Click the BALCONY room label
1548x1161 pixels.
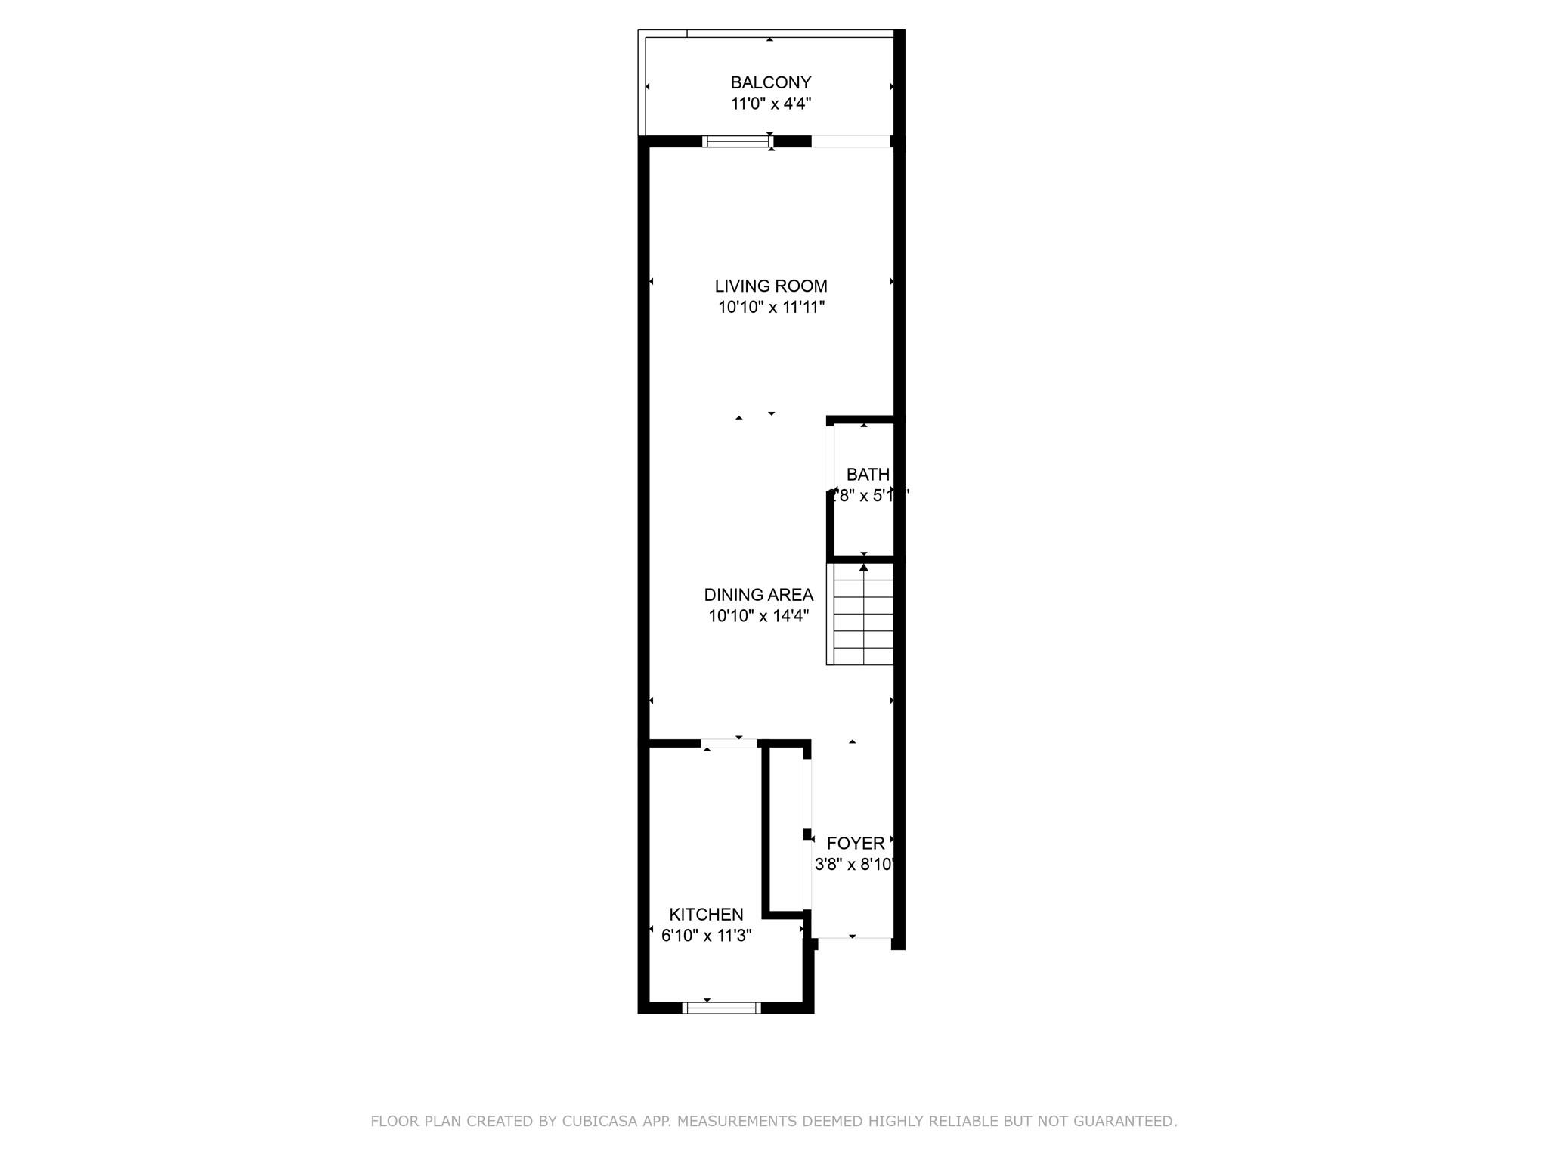[x=770, y=82]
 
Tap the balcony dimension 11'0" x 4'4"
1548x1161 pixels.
[x=770, y=104]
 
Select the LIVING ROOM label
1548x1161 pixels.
[x=770, y=286]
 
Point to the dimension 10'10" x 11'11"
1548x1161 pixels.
[x=770, y=308]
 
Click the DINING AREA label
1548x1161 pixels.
[x=758, y=595]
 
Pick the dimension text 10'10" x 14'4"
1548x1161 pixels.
[x=758, y=616]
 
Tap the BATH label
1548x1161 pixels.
[x=867, y=475]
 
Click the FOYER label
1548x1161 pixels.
[x=855, y=844]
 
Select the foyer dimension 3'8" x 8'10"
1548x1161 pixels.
[x=855, y=865]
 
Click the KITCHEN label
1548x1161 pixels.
[x=706, y=915]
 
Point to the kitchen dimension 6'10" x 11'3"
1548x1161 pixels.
[x=706, y=936]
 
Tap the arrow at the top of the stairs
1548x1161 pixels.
[x=863, y=567]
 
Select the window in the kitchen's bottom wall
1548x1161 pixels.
[x=721, y=1007]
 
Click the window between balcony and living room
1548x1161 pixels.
[x=737, y=141]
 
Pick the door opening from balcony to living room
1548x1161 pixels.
[x=850, y=141]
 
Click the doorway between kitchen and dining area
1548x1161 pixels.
[x=729, y=744]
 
